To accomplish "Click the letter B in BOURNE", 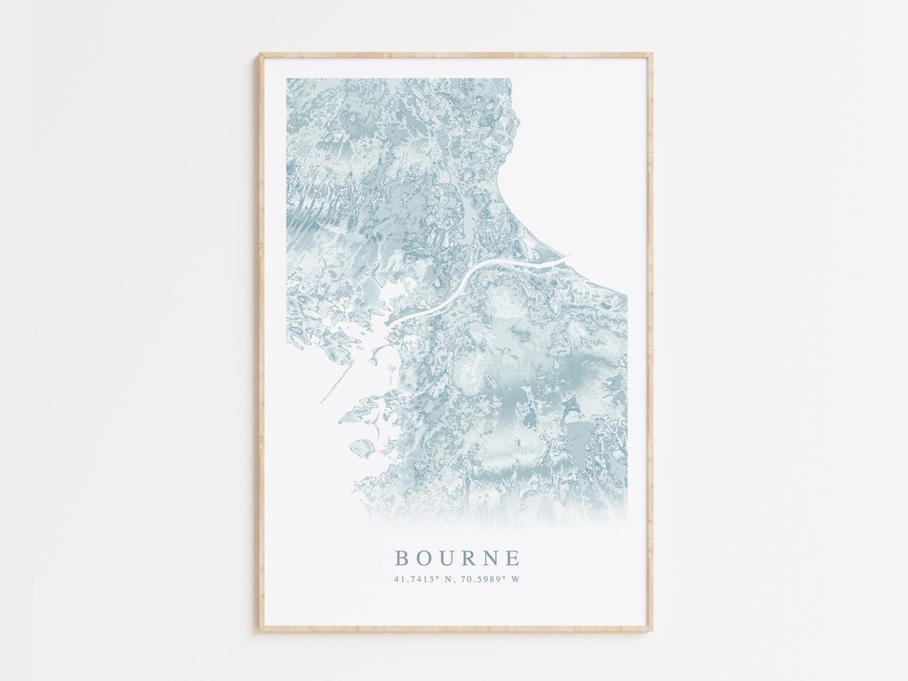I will tap(402, 558).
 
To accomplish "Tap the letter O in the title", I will tap(424, 558).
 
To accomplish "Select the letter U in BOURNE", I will tap(446, 558).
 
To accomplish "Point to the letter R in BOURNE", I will tap(468, 558).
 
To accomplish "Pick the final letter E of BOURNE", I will tap(513, 558).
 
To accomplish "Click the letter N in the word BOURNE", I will tap(491, 558).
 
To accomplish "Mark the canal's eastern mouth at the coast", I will tap(565, 257).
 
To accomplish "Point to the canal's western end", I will tap(390, 322).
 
